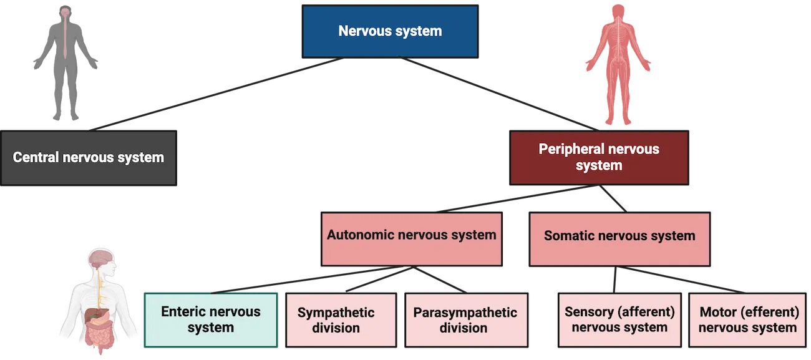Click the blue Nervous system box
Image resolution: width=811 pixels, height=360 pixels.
[x=390, y=31]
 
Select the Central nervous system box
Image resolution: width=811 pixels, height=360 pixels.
[x=89, y=157]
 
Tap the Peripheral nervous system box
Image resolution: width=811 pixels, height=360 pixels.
[x=599, y=157]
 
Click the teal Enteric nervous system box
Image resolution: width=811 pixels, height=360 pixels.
[x=211, y=319]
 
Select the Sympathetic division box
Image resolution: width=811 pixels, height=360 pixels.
[x=341, y=319]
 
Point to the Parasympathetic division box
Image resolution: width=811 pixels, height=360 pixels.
[x=465, y=319]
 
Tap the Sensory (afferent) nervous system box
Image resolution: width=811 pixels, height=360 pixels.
[x=619, y=319]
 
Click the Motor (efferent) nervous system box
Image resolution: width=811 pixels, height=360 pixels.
[x=747, y=319]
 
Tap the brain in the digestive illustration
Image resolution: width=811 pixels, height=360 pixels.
[x=100, y=257]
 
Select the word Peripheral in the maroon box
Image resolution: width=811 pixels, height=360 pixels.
[x=569, y=149]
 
